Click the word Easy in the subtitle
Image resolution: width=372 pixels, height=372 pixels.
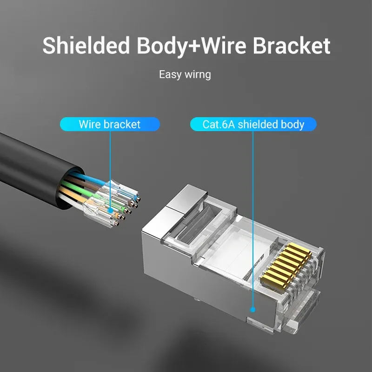point(169,74)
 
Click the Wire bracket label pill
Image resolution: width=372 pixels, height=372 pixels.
point(110,124)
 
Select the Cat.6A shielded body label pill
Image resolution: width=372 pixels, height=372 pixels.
point(253,125)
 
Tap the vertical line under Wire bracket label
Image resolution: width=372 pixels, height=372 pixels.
point(110,167)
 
